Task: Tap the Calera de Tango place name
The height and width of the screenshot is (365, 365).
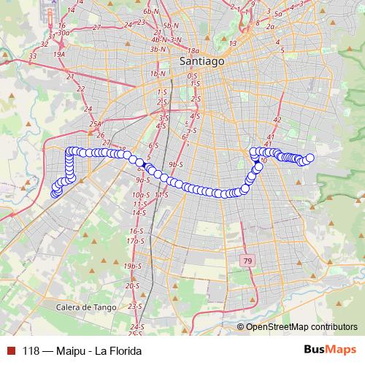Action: click(x=86, y=307)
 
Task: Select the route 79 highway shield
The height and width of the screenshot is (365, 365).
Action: click(x=248, y=261)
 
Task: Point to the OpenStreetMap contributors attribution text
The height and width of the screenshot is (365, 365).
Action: click(x=301, y=327)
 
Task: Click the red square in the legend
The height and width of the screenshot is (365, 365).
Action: click(x=9, y=350)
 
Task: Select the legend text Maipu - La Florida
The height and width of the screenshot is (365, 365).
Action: click(x=96, y=350)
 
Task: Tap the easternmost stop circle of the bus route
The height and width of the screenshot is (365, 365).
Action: click(x=310, y=158)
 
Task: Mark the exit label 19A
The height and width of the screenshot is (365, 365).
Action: click(x=59, y=53)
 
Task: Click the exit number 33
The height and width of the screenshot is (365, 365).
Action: click(x=33, y=55)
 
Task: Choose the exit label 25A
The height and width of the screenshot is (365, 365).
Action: click(x=95, y=125)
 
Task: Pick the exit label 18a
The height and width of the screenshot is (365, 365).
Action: click(x=193, y=50)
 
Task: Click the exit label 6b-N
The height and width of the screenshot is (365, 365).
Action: click(x=151, y=12)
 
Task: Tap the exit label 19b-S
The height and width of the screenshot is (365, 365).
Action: click(x=132, y=266)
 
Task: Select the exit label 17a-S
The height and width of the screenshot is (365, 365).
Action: click(x=132, y=240)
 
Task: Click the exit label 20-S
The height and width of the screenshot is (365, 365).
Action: click(x=132, y=286)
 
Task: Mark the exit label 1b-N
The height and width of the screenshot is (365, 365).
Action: click(x=155, y=74)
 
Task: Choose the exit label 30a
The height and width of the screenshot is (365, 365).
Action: click(x=63, y=32)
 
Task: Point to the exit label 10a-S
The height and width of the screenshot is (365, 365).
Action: click(x=140, y=195)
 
